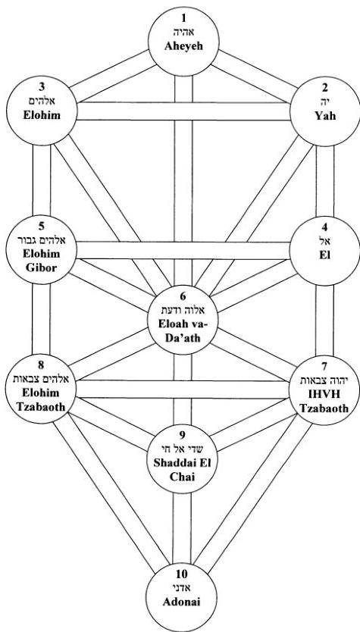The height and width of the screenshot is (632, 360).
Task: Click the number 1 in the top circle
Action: click(184, 18)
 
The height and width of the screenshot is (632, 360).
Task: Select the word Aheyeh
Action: click(183, 45)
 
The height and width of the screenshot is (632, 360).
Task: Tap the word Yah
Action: click(324, 116)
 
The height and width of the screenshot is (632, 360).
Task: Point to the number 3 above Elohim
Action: click(42, 87)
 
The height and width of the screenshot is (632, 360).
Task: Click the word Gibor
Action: click(42, 268)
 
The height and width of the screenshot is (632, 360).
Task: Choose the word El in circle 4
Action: click(324, 255)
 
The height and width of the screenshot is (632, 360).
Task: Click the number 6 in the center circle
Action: click(183, 296)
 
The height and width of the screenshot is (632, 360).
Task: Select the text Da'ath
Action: click(183, 337)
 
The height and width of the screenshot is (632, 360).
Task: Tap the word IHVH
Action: click(324, 394)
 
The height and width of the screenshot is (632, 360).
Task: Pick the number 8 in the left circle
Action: click(41, 365)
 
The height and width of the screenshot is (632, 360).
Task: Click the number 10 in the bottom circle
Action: click(182, 574)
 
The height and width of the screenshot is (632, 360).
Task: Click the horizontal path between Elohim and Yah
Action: click(183, 111)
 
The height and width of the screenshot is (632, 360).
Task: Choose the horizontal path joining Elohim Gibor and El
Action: click(183, 250)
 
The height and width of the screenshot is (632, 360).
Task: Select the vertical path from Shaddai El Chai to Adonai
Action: click(182, 528)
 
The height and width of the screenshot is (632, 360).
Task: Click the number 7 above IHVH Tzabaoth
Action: click(324, 366)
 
